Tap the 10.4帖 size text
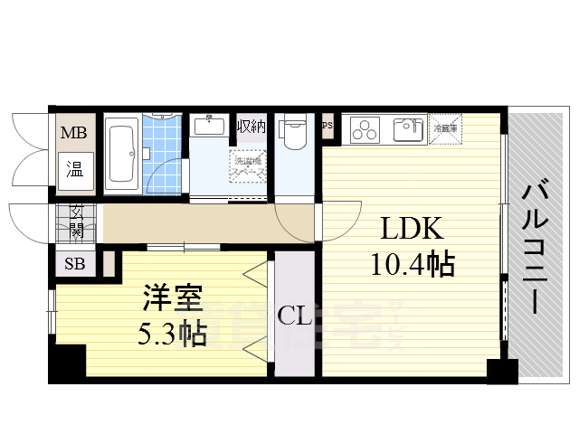pos(412,265)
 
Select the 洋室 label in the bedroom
pos(171,298)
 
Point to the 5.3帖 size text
pos(171,335)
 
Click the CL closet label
pos(295,316)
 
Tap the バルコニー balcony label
pos(535,246)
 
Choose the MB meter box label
pos(73,134)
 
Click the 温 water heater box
pos(74,168)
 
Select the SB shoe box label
pos(73,265)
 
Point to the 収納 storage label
pos(251,126)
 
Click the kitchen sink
pos(408,128)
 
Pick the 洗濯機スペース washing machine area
pos(247,165)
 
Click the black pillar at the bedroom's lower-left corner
pos(66,363)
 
